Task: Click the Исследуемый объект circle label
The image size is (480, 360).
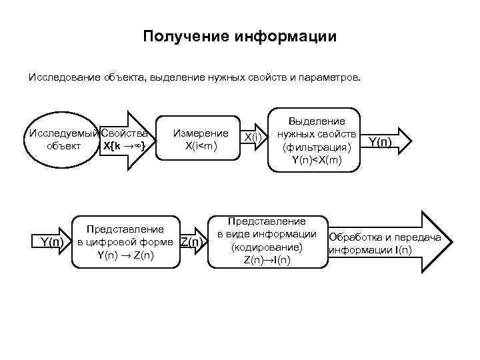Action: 63,139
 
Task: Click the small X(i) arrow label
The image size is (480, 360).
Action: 253,137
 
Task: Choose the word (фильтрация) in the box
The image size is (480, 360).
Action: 317,147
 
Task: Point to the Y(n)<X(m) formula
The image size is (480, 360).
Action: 317,159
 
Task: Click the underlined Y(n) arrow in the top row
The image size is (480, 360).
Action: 380,141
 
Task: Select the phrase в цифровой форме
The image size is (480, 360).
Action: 126,242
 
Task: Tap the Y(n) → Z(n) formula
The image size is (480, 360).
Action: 125,255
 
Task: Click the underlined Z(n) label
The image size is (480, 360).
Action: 191,242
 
